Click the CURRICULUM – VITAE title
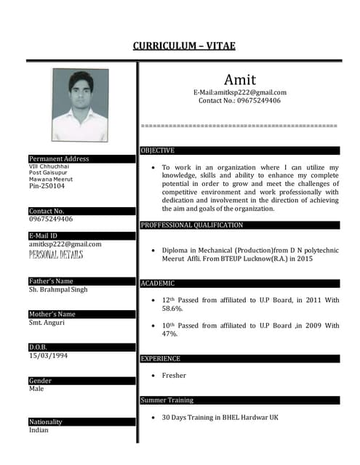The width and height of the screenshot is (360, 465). point(184,46)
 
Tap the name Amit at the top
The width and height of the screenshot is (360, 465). point(239,78)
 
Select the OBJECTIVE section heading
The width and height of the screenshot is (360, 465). point(158,150)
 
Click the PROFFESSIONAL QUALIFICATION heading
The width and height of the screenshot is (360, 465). point(191,225)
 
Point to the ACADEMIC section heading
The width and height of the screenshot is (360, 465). point(158,283)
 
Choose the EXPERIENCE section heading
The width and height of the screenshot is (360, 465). point(160,358)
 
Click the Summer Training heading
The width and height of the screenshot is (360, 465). point(167,400)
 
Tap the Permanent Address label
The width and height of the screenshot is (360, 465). point(59,158)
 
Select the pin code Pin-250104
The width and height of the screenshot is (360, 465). point(47,186)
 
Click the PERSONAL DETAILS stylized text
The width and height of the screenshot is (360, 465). point(56,254)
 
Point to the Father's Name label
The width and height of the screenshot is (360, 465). point(51,281)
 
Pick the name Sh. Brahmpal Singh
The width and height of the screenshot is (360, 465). point(58,289)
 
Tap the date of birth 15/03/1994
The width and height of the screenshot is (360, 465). point(49,355)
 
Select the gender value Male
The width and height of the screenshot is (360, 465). point(36,389)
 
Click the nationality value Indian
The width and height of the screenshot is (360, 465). point(39,430)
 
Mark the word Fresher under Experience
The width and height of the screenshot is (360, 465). point(174,376)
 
